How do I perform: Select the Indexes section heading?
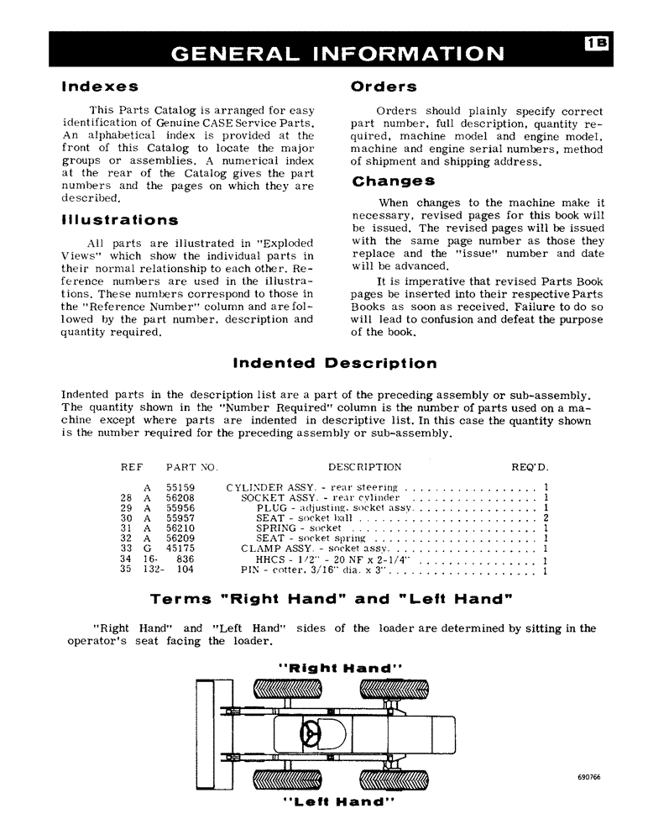click(100, 87)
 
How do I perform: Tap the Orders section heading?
click(384, 87)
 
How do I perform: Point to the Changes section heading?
click(394, 181)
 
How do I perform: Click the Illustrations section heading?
click(119, 221)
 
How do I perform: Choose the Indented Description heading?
click(334, 364)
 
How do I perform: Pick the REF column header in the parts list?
click(133, 467)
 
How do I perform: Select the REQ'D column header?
click(530, 467)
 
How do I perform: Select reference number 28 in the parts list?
click(128, 497)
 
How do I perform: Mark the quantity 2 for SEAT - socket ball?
click(546, 518)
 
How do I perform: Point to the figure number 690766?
click(589, 777)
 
